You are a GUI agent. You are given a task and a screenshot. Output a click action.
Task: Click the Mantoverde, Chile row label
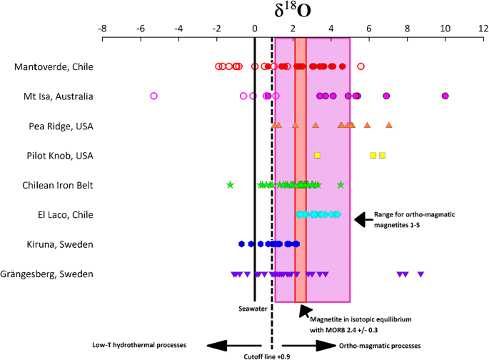tap(54, 67)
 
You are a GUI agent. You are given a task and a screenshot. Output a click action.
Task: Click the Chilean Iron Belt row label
tap(57, 185)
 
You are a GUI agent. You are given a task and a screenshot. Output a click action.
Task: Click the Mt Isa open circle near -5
tap(153, 96)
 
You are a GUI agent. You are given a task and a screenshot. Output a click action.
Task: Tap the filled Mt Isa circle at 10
tap(445, 96)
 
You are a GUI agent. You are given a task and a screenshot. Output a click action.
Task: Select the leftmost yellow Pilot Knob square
tap(317, 155)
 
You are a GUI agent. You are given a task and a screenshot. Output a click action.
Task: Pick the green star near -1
tap(230, 185)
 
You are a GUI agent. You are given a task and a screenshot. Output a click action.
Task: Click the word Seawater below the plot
tap(255, 309)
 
